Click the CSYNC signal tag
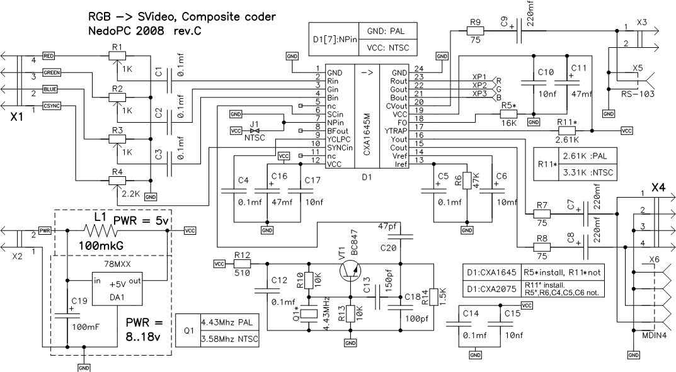(52, 106)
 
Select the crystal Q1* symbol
(309, 313)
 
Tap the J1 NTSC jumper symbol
(255, 130)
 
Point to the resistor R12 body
(242, 264)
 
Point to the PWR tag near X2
(45, 231)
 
